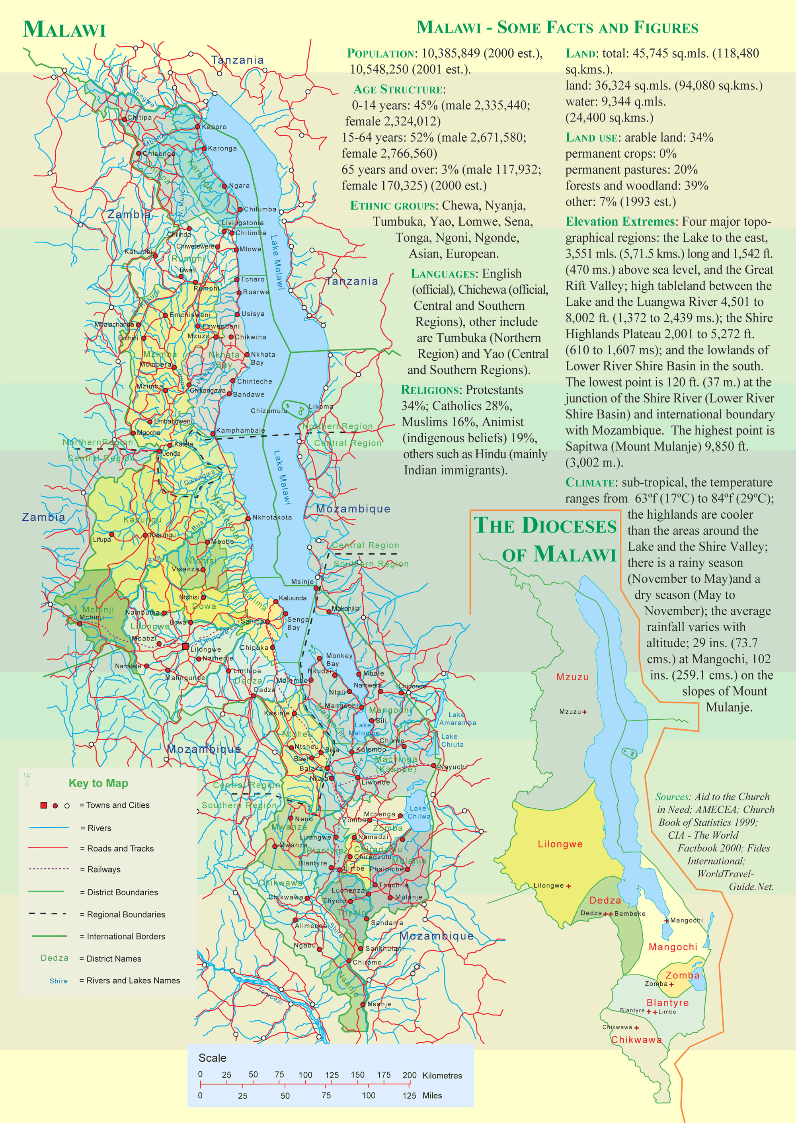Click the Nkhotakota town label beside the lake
coord(271,517)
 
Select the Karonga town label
coord(222,148)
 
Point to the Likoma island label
coord(321,406)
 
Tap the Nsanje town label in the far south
coord(379,1004)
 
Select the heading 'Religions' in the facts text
coord(430,390)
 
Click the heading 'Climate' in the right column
coord(590,482)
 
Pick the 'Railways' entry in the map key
coord(103,869)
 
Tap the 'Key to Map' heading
coord(98,783)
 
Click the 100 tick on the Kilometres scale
coord(305,1075)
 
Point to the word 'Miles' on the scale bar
coord(432,1096)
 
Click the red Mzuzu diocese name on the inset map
coord(572,677)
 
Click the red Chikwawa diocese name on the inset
coord(636,1040)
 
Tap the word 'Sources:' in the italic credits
coord(673,797)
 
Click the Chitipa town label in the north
coord(139,118)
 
